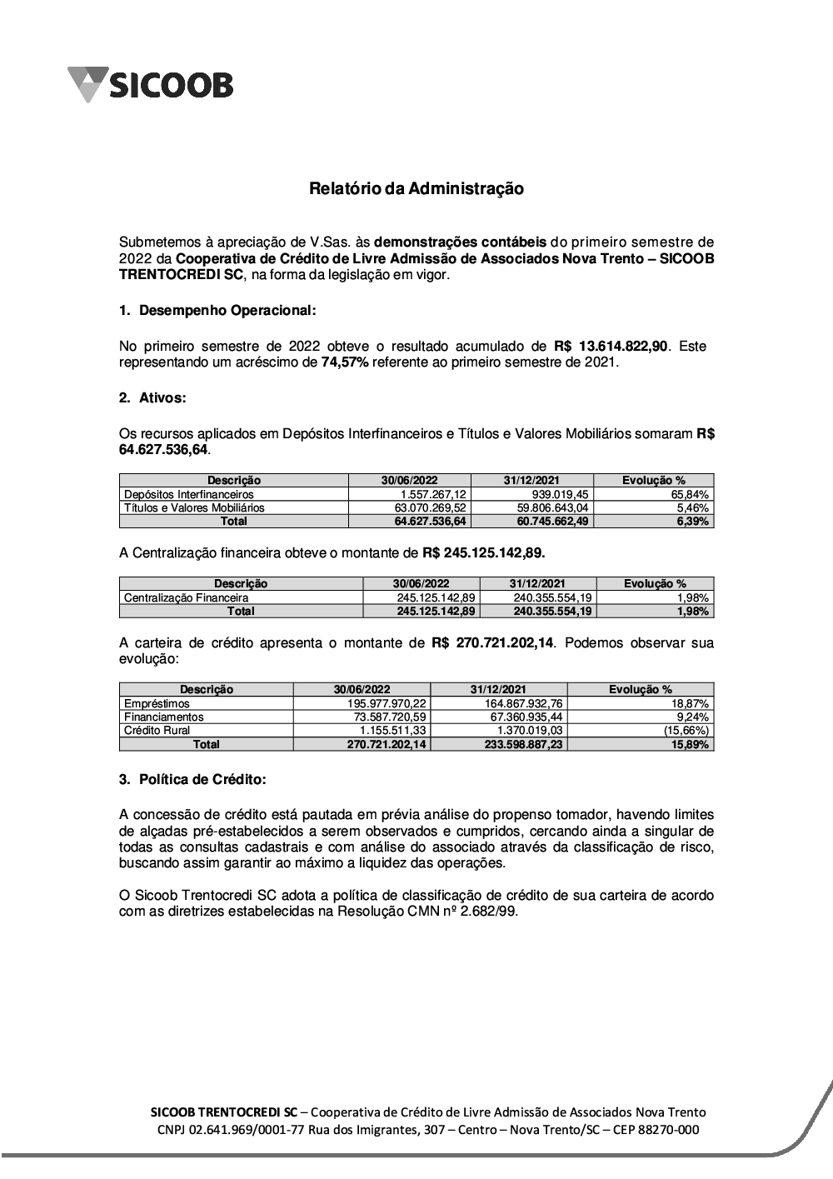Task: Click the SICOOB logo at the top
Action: (151, 84)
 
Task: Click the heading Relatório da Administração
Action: (416, 189)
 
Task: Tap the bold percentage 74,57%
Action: (344, 362)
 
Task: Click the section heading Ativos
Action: (161, 398)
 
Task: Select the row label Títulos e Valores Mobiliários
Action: (194, 507)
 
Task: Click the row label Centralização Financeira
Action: (186, 597)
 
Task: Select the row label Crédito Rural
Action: (157, 731)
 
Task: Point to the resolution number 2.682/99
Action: (488, 912)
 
